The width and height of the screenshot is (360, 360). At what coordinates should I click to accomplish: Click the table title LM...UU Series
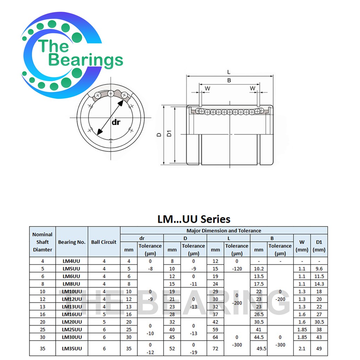click(x=194, y=219)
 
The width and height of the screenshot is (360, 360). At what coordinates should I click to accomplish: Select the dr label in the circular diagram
click(x=116, y=122)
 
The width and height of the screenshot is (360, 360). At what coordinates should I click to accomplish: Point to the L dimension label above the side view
click(x=229, y=72)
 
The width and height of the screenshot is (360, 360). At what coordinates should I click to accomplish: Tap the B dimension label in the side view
click(x=229, y=81)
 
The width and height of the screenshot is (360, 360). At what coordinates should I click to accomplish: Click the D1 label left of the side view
click(x=169, y=134)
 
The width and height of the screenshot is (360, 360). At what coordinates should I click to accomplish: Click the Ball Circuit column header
click(x=104, y=242)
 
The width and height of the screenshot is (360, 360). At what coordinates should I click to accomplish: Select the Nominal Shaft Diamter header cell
click(x=42, y=242)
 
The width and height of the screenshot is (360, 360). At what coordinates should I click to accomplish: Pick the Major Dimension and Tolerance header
click(x=224, y=231)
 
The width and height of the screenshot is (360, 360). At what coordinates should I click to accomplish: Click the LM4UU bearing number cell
click(x=72, y=261)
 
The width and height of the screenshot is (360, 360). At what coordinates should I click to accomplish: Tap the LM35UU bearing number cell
click(x=72, y=348)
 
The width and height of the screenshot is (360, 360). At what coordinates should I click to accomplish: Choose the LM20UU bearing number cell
click(x=72, y=322)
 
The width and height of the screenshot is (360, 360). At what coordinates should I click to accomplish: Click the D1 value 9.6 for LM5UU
click(x=319, y=269)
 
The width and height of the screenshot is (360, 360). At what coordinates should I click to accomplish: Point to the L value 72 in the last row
click(x=215, y=348)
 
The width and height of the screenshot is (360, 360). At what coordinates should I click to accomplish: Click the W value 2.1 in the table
click(x=302, y=348)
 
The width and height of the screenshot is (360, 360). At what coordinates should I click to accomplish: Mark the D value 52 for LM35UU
click(x=172, y=348)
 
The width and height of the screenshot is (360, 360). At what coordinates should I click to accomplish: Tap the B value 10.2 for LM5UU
click(x=258, y=269)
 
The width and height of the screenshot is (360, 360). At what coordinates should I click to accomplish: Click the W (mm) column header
click(x=302, y=246)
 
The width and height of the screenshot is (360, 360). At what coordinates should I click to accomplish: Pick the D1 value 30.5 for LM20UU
click(x=319, y=322)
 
